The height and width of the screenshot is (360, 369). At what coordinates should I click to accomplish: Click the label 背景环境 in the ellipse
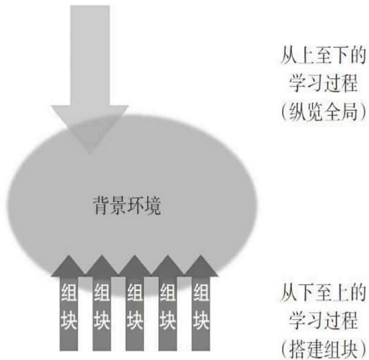click(127, 206)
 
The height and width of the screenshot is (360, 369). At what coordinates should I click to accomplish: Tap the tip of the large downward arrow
click(89, 154)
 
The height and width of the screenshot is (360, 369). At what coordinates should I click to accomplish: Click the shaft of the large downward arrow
click(90, 56)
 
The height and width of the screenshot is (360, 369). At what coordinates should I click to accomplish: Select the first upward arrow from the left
click(69, 303)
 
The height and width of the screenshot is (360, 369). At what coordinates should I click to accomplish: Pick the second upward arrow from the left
click(102, 303)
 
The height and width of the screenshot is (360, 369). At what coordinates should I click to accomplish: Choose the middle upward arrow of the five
click(135, 303)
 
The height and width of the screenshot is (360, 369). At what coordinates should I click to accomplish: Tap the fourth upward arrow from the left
click(168, 303)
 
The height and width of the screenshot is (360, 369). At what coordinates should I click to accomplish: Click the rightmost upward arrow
click(201, 303)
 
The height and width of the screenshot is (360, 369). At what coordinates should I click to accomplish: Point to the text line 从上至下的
click(324, 56)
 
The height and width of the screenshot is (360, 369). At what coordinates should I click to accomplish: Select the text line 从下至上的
click(324, 293)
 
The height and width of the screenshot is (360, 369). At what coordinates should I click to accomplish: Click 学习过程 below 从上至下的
click(324, 83)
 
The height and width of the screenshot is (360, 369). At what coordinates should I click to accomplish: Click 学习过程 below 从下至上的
click(324, 320)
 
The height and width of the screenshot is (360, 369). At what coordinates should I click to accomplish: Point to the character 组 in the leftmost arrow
click(69, 292)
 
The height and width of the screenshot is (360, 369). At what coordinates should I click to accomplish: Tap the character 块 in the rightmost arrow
click(201, 320)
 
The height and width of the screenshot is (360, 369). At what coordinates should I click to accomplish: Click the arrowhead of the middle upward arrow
click(135, 266)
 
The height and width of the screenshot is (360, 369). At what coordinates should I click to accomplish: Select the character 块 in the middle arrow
click(135, 320)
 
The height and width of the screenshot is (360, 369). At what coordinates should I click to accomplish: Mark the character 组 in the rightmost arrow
click(201, 292)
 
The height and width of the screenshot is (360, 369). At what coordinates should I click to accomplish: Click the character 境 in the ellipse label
click(153, 206)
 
